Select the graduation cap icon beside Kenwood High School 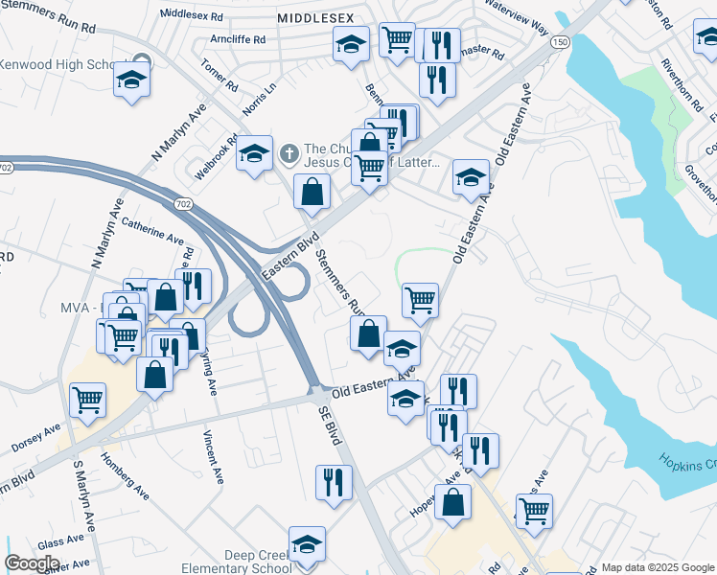(131, 81)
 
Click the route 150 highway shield (561, 42)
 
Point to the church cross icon (289, 152)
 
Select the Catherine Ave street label (152, 230)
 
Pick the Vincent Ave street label (210, 452)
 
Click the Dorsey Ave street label (35, 438)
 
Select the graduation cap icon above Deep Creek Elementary (307, 543)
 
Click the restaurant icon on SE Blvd (334, 483)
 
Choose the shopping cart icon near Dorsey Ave (88, 400)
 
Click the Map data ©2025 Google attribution (657, 567)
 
